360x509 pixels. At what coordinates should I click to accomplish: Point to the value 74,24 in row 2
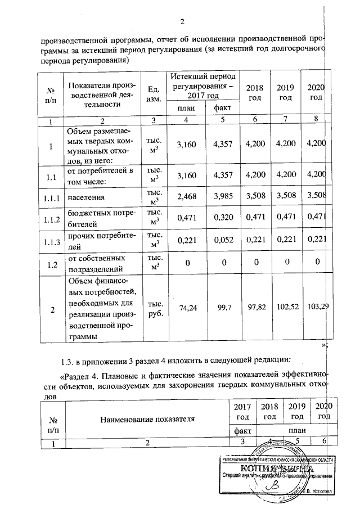coord(186,308)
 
